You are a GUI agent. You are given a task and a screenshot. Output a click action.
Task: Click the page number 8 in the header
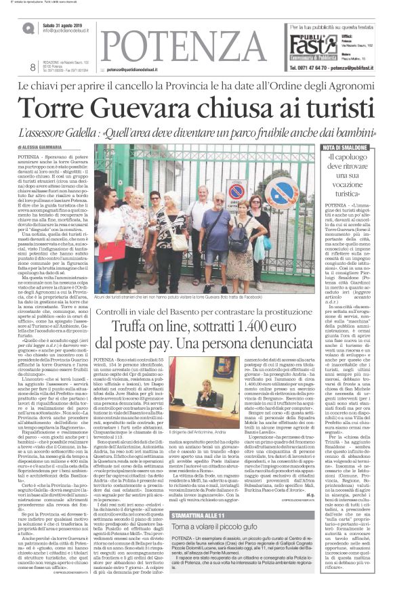click(33, 66)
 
